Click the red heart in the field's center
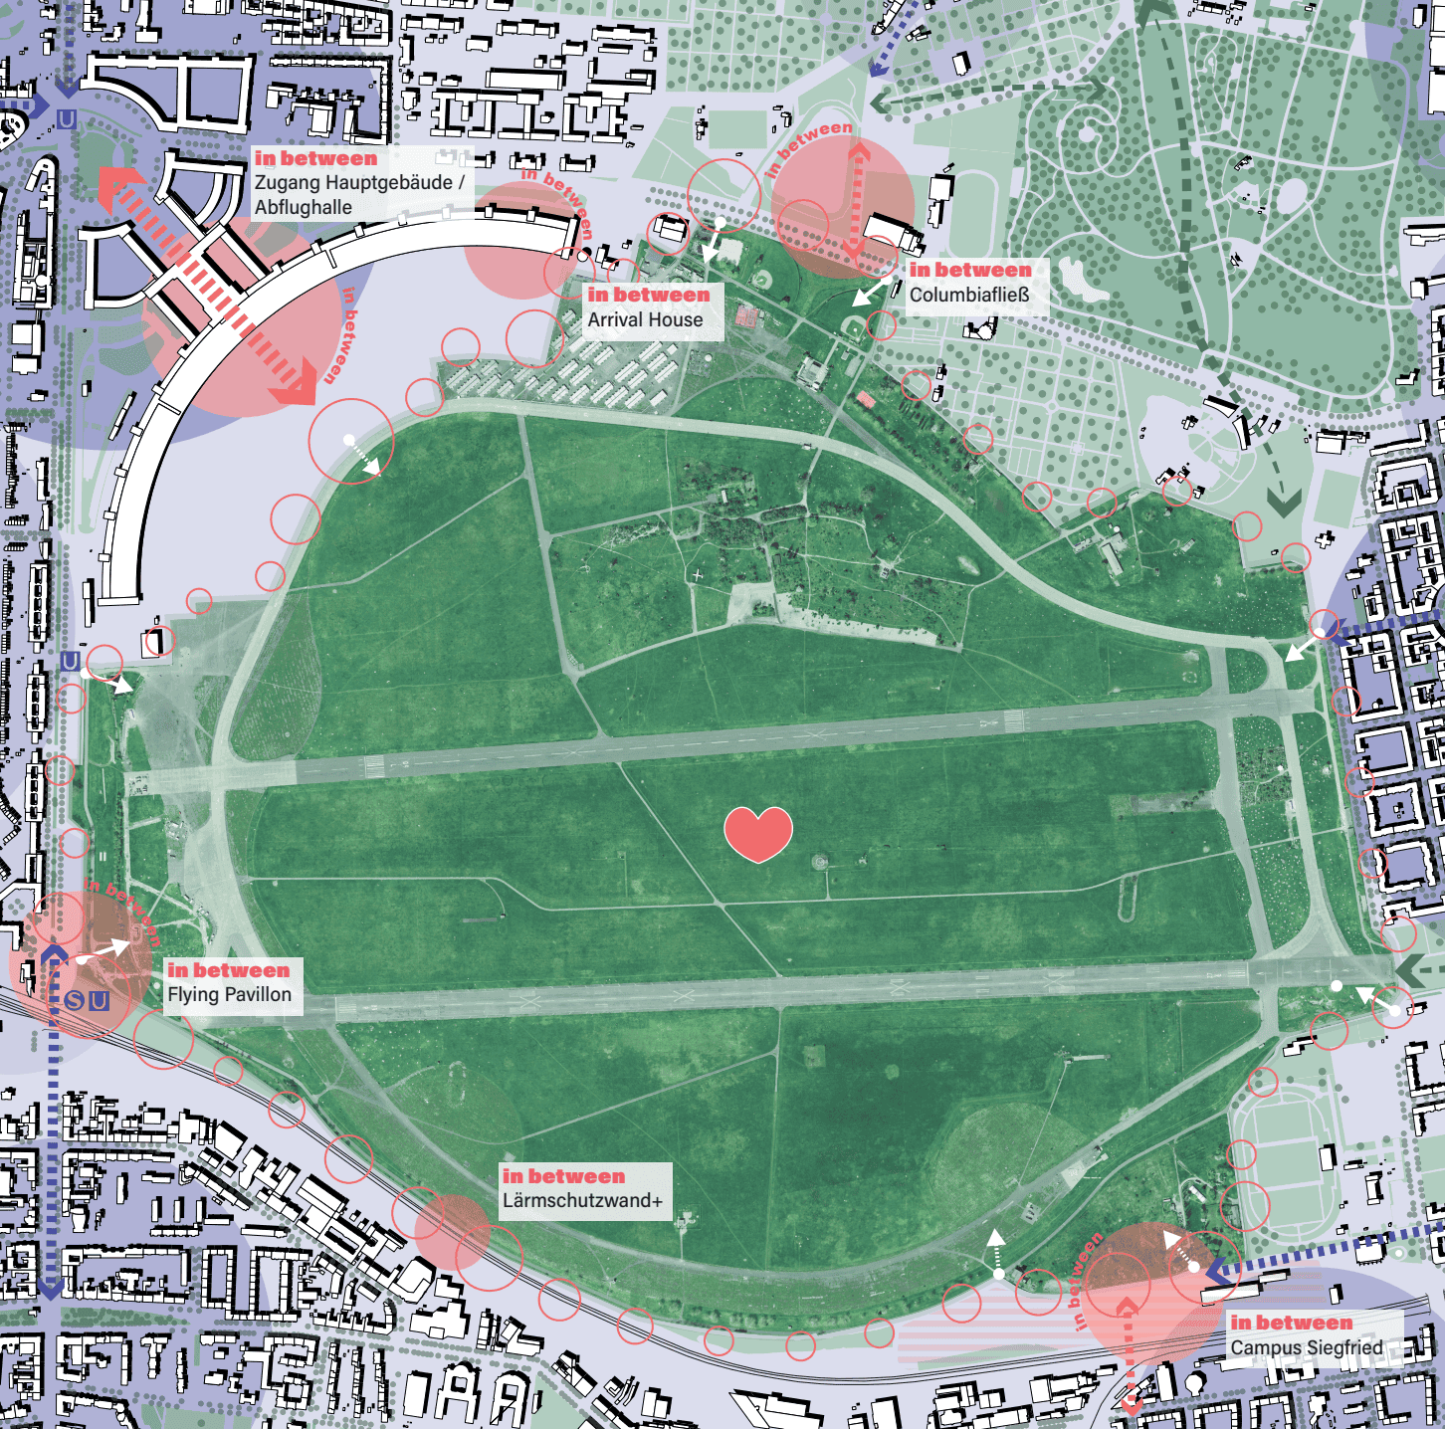click(758, 834)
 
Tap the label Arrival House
click(645, 320)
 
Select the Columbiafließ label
click(969, 296)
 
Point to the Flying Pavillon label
click(230, 995)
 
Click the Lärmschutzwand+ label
click(582, 1201)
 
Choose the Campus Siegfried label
click(1307, 1347)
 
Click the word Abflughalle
click(304, 208)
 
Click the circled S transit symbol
click(75, 1000)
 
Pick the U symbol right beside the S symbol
click(98, 1000)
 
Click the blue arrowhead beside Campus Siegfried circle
click(1215, 1271)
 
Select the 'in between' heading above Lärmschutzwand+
click(563, 1176)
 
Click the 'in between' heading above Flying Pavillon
click(229, 970)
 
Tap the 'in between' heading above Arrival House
click(649, 295)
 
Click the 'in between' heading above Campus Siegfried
click(1292, 1323)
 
